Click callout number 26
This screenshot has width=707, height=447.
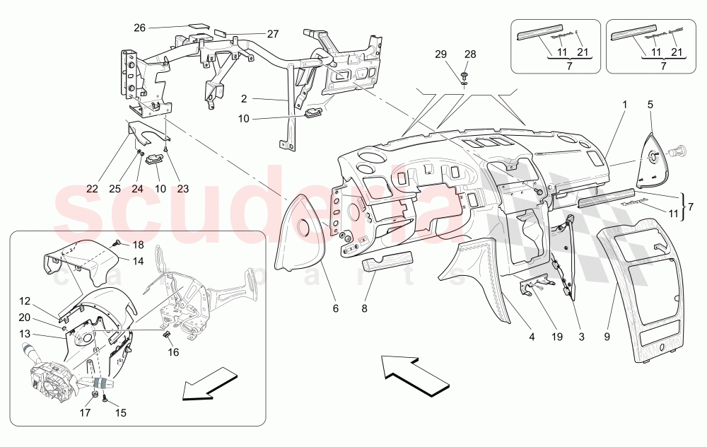pos(139,28)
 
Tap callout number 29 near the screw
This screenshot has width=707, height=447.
pos(440,54)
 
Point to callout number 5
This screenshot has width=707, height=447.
pos(650,103)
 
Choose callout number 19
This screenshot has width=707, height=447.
pos(557,337)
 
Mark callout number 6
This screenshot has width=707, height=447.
pos(336,308)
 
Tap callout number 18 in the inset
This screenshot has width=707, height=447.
pos(138,245)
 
